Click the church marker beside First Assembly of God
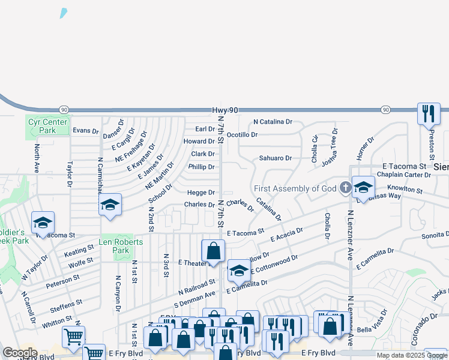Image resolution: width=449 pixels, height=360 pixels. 345,188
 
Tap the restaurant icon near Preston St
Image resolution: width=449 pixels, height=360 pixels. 429,113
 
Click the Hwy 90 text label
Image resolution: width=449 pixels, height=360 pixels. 226,110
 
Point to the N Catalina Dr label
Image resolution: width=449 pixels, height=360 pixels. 273,122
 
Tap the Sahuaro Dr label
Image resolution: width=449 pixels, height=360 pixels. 275,158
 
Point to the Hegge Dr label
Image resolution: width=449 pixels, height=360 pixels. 200,193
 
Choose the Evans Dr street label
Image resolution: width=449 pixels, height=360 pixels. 85,130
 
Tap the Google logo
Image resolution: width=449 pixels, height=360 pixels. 20,353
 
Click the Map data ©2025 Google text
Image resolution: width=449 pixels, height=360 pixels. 412,355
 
